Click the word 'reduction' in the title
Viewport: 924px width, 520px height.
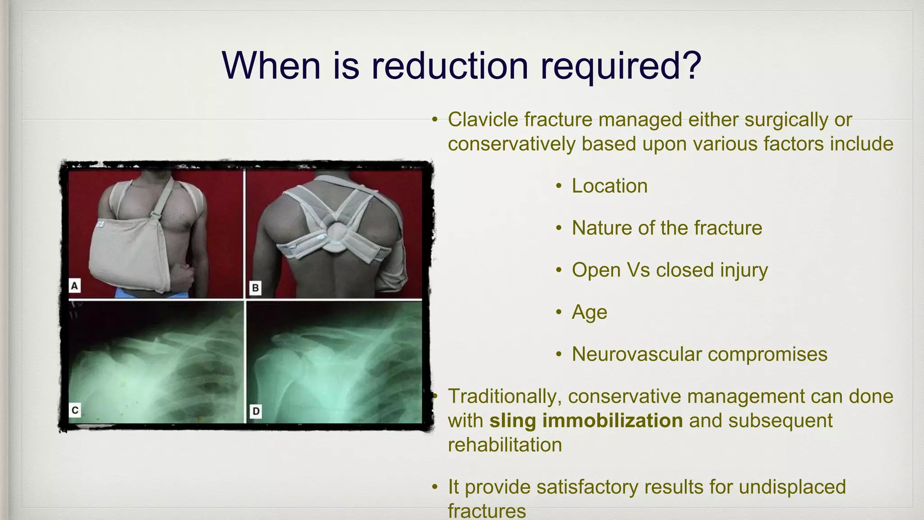(x=449, y=66)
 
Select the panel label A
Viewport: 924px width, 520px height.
(x=74, y=286)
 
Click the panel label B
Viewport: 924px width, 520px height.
(x=255, y=288)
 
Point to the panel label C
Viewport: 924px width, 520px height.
(x=75, y=410)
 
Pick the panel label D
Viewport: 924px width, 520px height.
(x=255, y=411)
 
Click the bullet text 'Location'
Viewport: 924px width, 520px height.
(x=610, y=186)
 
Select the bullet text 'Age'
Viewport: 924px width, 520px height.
(x=589, y=312)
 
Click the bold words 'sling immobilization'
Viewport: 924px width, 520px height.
(x=586, y=421)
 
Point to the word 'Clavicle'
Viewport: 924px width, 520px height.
(x=483, y=120)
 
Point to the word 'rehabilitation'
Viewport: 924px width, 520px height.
(x=505, y=445)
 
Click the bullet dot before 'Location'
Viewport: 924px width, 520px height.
(x=559, y=186)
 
